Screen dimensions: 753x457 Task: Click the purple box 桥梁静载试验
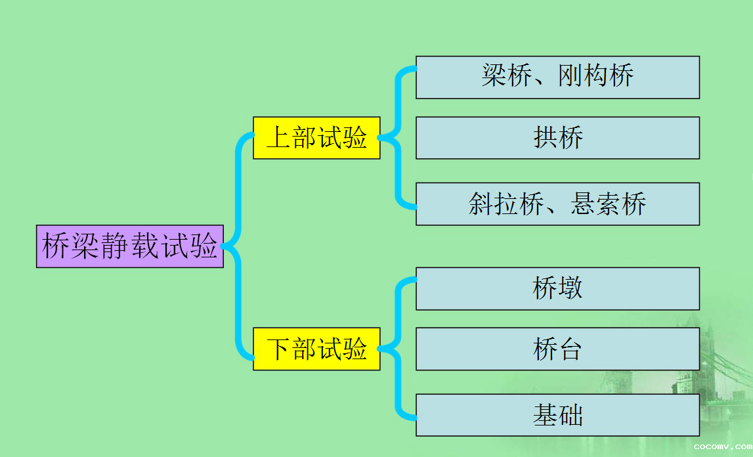(130, 246)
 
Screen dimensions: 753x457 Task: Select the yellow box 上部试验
(316, 138)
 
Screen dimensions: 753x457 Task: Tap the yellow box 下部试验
(316, 349)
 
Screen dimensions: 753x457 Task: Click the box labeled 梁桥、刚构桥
(557, 77)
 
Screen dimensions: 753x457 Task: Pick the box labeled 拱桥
(557, 138)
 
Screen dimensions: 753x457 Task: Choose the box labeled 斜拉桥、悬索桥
(557, 204)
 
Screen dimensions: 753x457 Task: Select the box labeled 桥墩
(557, 289)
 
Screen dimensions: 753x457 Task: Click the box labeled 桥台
(557, 349)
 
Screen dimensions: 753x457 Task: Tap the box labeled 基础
(557, 415)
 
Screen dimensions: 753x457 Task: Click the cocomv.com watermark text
(723, 447)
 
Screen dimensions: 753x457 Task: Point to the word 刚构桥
(595, 76)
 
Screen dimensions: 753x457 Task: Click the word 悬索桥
(608, 204)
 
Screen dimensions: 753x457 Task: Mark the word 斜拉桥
(506, 204)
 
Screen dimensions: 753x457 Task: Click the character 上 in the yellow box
(278, 137)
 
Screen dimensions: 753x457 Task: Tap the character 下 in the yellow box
(278, 349)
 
